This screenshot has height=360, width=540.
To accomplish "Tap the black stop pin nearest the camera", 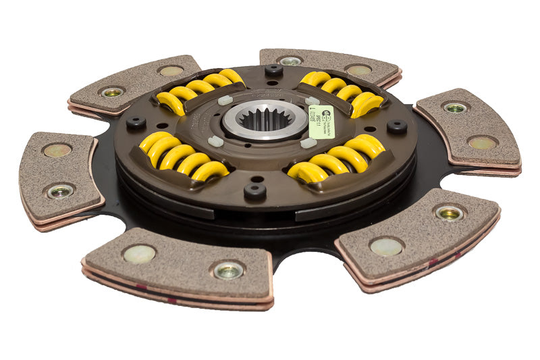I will coord(254,190).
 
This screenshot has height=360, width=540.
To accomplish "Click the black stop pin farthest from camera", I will coord(273,70).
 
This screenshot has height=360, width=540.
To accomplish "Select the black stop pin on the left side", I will coord(136,123).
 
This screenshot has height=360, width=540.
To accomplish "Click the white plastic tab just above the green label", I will coord(313,101).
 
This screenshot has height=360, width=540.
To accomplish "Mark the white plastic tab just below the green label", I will coord(308,143).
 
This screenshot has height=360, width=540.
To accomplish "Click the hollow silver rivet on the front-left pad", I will coord(228,270).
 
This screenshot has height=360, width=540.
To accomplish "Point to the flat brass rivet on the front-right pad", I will coord(386,247).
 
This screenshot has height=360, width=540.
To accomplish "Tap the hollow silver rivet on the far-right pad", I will coord(455,107).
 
